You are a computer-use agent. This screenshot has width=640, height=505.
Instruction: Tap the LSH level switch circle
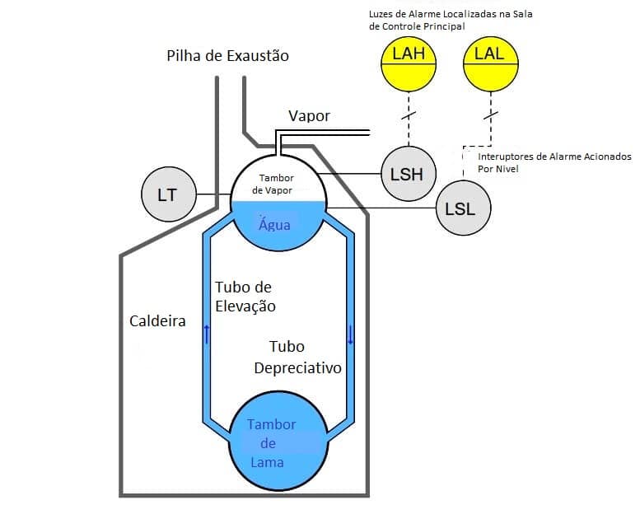(406, 174)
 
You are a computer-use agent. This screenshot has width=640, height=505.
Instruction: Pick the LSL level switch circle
(460, 208)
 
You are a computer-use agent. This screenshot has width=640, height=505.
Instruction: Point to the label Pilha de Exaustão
(228, 56)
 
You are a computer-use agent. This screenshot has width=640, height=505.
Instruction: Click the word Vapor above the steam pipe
(309, 116)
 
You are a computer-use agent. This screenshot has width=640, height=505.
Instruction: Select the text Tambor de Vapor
(276, 184)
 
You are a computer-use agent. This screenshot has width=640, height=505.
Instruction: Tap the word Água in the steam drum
(275, 224)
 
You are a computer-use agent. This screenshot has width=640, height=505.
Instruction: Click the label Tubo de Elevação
(245, 297)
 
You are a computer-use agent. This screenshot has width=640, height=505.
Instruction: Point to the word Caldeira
(157, 320)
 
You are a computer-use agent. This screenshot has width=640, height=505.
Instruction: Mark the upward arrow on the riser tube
(206, 333)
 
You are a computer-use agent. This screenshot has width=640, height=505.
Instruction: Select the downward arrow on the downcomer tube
(350, 333)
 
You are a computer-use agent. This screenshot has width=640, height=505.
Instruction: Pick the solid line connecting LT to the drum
(212, 195)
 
